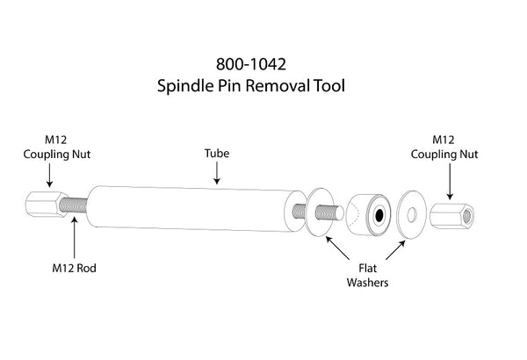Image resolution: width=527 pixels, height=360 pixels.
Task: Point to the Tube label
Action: (x=217, y=152)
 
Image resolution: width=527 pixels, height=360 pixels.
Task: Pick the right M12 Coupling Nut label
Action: (x=450, y=147)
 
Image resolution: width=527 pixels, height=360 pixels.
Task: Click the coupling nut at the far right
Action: (x=452, y=214)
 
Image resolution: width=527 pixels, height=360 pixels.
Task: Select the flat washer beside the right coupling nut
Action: (x=409, y=213)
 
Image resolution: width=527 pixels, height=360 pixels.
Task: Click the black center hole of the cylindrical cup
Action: (x=378, y=214)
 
